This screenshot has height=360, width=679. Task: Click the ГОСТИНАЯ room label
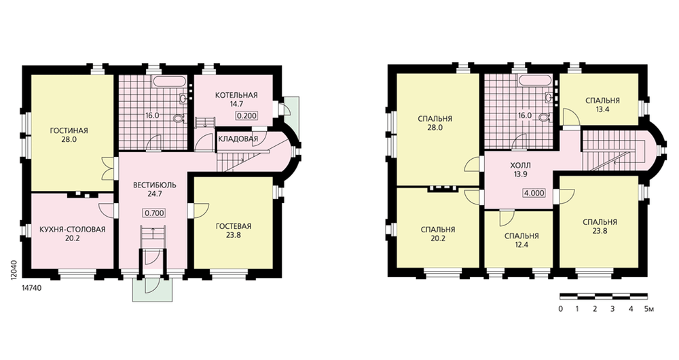[x=69, y=131]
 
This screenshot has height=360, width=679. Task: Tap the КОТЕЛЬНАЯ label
[x=236, y=95]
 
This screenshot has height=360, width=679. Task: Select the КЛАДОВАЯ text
[x=238, y=139]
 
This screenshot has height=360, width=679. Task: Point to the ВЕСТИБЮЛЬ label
[x=155, y=185]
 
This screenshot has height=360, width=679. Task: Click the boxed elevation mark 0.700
[x=154, y=213]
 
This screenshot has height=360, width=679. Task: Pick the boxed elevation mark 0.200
[x=247, y=115]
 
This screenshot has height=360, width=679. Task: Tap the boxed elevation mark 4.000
[x=534, y=193]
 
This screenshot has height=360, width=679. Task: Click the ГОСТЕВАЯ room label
[x=233, y=227]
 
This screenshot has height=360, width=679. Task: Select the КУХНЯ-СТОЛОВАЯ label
[x=73, y=230]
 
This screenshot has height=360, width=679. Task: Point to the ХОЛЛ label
[x=519, y=166]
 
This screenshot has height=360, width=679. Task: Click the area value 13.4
[x=602, y=109]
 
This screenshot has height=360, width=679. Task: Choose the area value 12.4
[x=521, y=245]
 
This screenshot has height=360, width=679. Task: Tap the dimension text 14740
[x=31, y=287]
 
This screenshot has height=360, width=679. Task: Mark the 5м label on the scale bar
[x=648, y=309]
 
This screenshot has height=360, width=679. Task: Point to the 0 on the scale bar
[x=560, y=309]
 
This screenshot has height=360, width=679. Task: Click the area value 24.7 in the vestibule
[x=155, y=194]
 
